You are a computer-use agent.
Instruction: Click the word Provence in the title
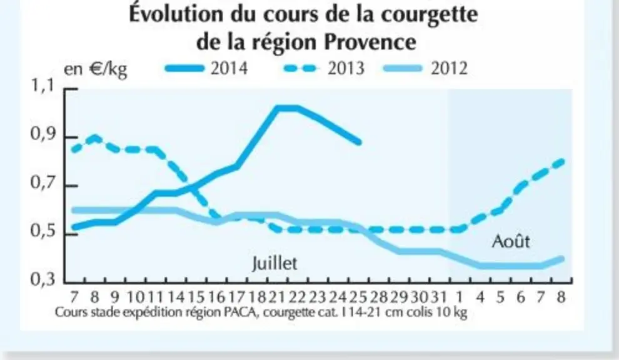point(370,42)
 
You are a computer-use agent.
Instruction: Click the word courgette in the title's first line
point(430,14)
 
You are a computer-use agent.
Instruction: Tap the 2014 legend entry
point(206,68)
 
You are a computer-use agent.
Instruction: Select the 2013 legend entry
point(324,68)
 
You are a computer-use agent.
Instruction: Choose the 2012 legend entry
point(426,68)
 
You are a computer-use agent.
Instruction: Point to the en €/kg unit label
point(95,69)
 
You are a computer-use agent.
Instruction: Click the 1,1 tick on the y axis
point(43,86)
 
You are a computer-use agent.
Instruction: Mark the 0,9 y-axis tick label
point(43,135)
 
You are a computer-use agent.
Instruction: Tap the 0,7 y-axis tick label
point(43,184)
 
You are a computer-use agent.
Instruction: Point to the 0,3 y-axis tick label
point(43,279)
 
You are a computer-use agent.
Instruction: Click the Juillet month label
point(274,263)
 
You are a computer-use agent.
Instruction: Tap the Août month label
point(511,241)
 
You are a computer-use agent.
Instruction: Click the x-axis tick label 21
point(276,297)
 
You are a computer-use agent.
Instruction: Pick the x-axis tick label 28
point(378,297)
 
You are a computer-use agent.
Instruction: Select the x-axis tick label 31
point(438,297)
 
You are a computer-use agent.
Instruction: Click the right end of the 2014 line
point(359,142)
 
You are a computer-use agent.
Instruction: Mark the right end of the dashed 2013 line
point(561,161)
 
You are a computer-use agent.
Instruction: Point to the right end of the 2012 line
point(561,259)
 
